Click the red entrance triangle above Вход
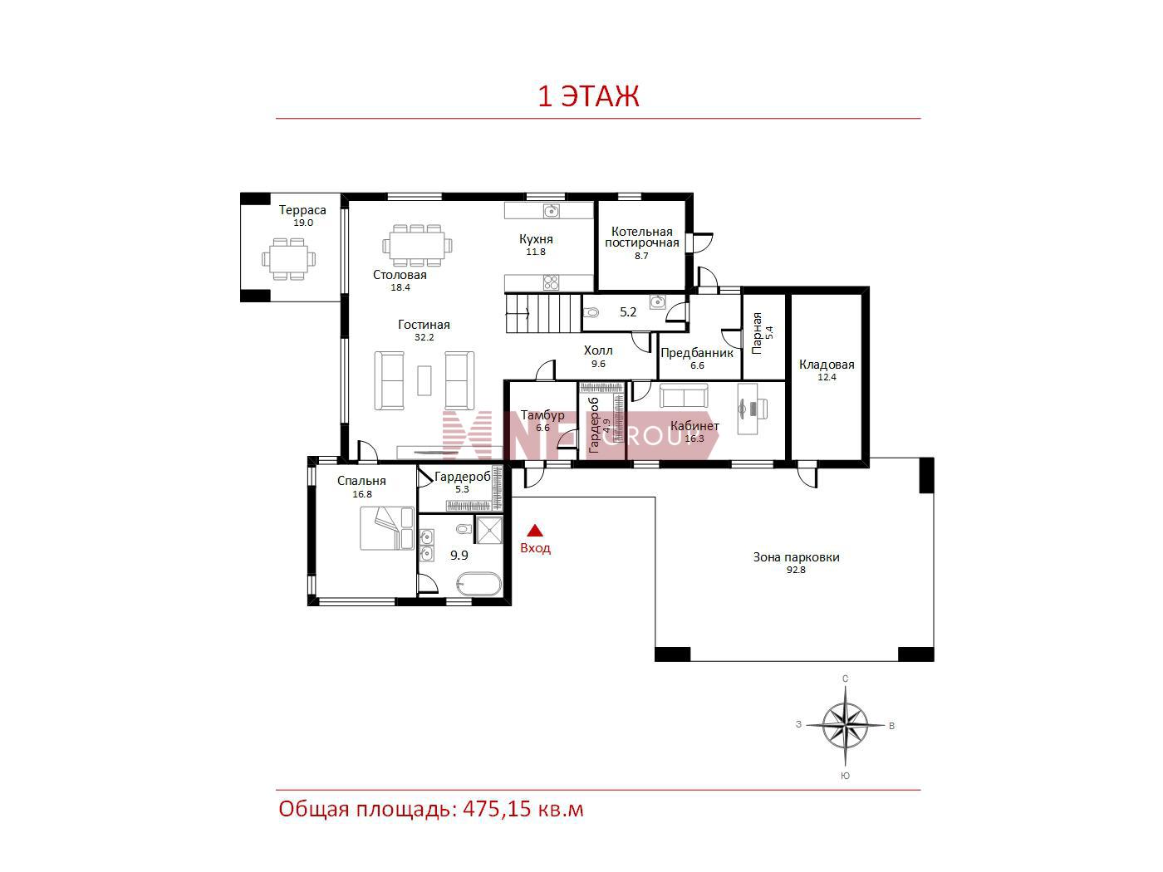pos(535,531)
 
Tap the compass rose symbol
pos(845,725)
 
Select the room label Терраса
pos(302,210)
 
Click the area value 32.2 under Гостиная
pos(424,337)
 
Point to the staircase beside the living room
pos(543,313)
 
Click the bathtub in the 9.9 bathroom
pos(478,585)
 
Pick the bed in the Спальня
pos(387,528)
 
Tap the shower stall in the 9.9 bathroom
pos(489,530)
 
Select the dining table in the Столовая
pos(418,246)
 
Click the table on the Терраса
pos(289,259)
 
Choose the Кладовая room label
pos(827,365)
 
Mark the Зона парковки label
pos(796,557)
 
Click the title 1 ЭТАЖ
pos(588,96)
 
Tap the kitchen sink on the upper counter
pos(551,211)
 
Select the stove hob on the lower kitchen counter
pos(551,282)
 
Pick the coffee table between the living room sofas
pos(424,380)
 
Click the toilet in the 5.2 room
pos(591,312)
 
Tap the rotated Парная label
pos(757,333)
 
